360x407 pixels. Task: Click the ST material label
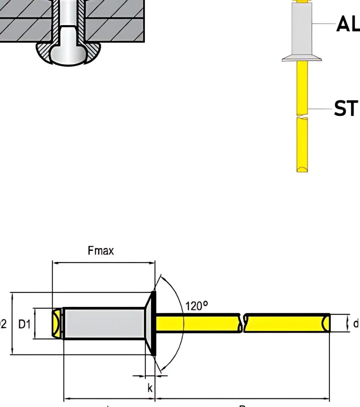(x=345, y=108)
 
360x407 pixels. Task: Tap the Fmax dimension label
(x=101, y=250)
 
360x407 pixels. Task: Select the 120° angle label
(x=196, y=306)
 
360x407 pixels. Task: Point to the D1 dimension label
(x=25, y=324)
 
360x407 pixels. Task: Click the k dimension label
(x=150, y=388)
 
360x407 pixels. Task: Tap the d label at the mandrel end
(x=356, y=324)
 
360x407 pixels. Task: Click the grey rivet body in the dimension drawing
(x=104, y=323)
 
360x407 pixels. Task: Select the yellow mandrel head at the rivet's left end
(x=56, y=323)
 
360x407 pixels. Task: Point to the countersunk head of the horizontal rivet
(x=150, y=323)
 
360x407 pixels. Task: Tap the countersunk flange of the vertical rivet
(x=302, y=57)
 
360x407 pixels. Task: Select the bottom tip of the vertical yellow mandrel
(x=302, y=169)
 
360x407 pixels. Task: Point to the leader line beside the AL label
(x=324, y=24)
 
